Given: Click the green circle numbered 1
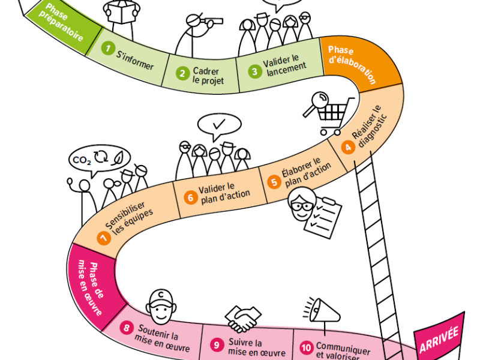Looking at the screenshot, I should coord(108,48).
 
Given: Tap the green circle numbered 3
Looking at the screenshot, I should coord(254,70).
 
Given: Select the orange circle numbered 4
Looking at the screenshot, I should coord(347,146).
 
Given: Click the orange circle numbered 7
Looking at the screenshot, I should coord(104,238).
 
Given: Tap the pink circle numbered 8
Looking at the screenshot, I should coord(127,328).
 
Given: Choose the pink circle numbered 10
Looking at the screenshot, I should coord(306,347).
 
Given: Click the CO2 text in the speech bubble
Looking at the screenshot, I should coord(82,160).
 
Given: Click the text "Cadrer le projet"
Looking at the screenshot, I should coord(208,76).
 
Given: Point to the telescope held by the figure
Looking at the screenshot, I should coord(212,21).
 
